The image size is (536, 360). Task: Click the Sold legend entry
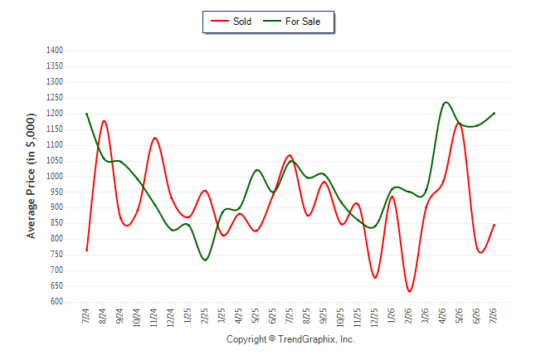231,22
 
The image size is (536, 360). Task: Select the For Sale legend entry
291,22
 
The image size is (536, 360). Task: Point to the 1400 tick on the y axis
55,51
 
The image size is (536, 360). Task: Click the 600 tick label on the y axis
56,302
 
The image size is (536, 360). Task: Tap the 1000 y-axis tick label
55,176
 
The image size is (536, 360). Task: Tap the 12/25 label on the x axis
375,318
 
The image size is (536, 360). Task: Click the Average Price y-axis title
31,176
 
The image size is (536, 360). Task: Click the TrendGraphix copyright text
290,339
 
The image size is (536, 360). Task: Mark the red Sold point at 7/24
87,251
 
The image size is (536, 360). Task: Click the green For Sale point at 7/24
87,114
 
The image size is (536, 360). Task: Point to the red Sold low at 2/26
409,291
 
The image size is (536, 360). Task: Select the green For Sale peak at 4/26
446,102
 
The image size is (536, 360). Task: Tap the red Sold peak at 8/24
104,120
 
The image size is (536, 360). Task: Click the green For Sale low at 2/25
205,260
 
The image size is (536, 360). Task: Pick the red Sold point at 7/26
494,225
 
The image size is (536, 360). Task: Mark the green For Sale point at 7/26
494,113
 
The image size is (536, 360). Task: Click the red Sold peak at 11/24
155,138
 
